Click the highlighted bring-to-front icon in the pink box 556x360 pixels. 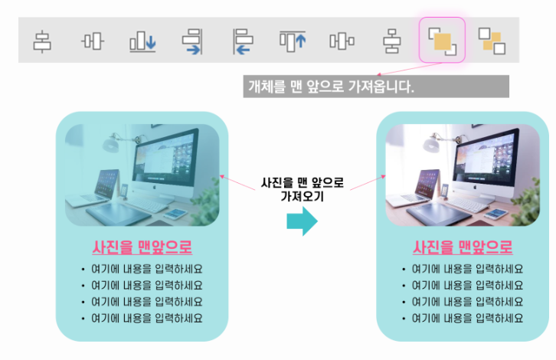[x=442, y=40]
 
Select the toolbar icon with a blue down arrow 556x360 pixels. [x=142, y=41]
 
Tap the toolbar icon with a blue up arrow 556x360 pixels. [x=292, y=40]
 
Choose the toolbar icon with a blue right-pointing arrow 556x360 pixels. [x=191, y=41]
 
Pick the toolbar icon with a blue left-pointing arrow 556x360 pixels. [x=242, y=41]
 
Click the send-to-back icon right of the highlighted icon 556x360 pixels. [x=491, y=40]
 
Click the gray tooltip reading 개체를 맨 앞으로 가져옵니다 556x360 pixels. [x=376, y=87]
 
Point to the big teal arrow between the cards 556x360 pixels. [x=302, y=221]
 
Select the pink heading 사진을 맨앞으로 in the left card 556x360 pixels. [x=142, y=247]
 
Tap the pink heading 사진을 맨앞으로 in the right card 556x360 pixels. [x=463, y=247]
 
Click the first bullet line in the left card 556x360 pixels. [x=146, y=269]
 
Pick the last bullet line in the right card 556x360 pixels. [x=466, y=317]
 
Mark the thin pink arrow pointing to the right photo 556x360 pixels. [x=365, y=184]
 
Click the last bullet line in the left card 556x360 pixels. [x=146, y=317]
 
